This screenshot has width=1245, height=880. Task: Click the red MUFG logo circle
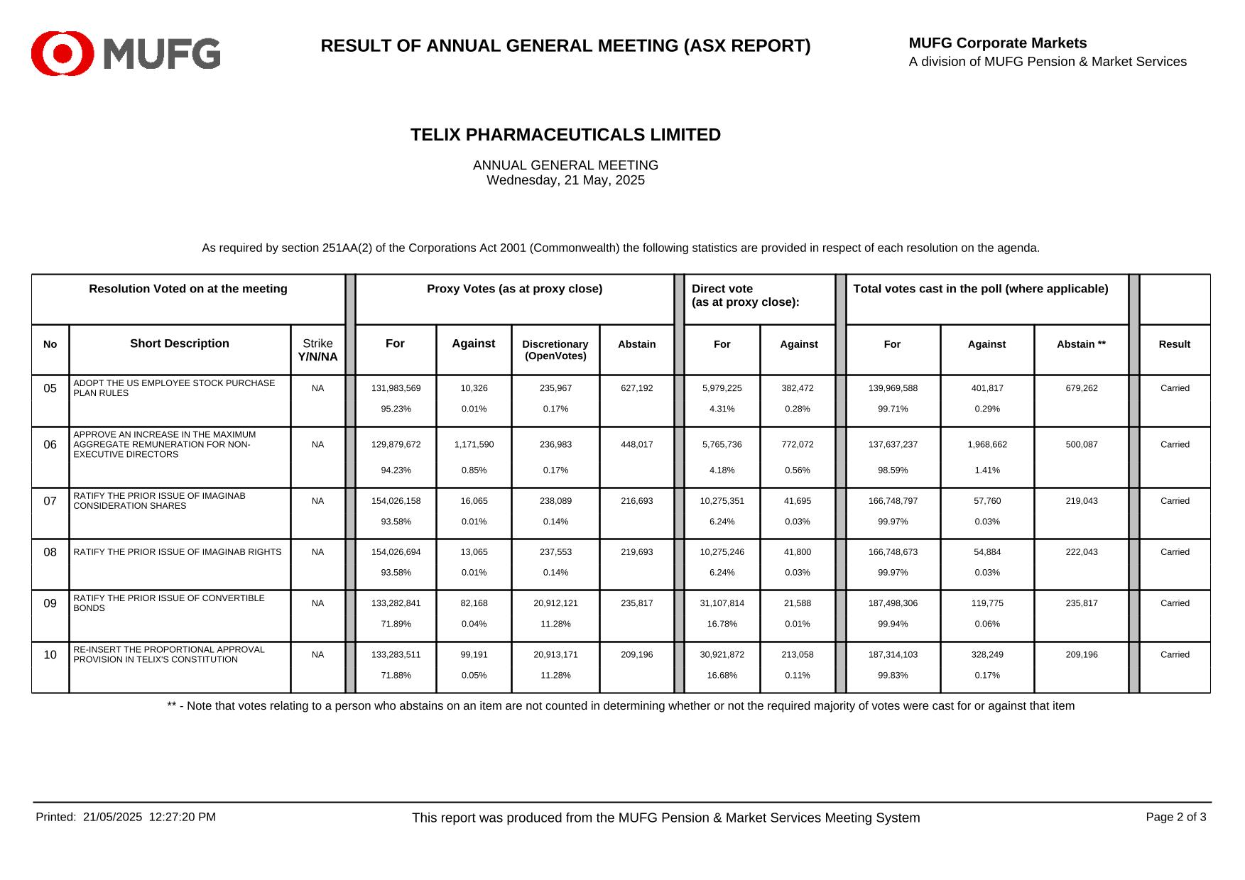pyautogui.click(x=62, y=53)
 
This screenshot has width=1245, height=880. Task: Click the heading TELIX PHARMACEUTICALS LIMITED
pyautogui.click(x=565, y=135)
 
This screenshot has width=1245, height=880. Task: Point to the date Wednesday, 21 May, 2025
pyautogui.click(x=565, y=180)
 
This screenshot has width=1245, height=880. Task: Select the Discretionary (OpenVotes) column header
pyautogui.click(x=555, y=350)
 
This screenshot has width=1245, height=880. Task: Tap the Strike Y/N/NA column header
pyautogui.click(x=317, y=350)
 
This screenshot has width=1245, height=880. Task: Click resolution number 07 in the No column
pyautogui.click(x=50, y=501)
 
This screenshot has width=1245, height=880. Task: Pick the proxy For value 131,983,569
pyautogui.click(x=396, y=388)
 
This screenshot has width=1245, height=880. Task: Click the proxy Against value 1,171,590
pyautogui.click(x=474, y=444)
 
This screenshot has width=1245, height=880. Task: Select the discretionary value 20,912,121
pyautogui.click(x=555, y=603)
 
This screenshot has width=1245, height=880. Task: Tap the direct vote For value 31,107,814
pyautogui.click(x=722, y=603)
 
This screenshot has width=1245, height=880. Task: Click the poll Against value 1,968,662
pyautogui.click(x=986, y=444)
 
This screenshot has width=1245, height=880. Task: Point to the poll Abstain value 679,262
pyautogui.click(x=1081, y=388)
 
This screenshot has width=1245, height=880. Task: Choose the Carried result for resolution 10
pyautogui.click(x=1175, y=654)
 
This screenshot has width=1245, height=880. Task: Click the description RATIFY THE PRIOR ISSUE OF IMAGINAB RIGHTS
pyautogui.click(x=178, y=552)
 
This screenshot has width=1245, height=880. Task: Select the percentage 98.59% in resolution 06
pyautogui.click(x=893, y=470)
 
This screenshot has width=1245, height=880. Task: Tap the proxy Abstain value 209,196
pyautogui.click(x=636, y=654)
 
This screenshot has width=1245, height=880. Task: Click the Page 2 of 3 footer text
pyautogui.click(x=1175, y=817)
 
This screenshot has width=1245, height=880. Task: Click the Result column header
pyautogui.click(x=1174, y=344)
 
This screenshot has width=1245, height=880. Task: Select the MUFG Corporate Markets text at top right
pyautogui.click(x=997, y=43)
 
